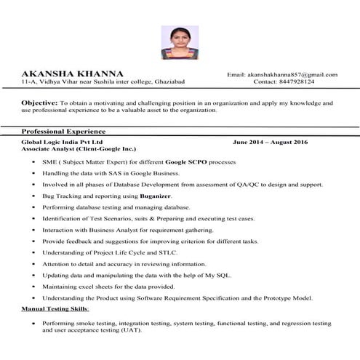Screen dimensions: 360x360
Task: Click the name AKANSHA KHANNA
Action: tap(73, 74)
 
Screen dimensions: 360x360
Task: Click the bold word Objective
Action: tap(39, 104)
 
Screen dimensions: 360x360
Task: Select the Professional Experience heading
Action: tap(65, 131)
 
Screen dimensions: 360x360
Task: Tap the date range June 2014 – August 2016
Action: tap(270, 141)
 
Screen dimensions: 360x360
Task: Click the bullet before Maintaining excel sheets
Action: tap(34, 287)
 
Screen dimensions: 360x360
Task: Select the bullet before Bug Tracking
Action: tap(34, 196)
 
